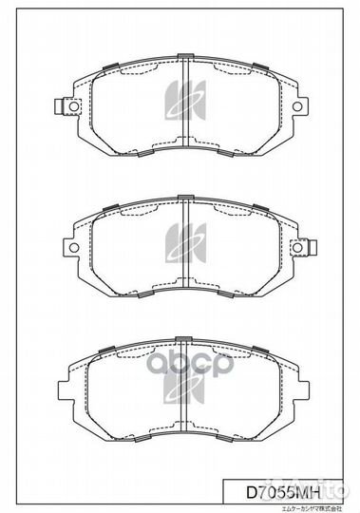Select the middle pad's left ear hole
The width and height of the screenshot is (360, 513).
coord(66,248)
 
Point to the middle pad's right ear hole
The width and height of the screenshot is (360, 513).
coord(298,248)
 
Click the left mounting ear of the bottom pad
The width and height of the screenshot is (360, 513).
coord(66,391)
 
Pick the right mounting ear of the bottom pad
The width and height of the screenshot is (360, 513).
coord(298,391)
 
